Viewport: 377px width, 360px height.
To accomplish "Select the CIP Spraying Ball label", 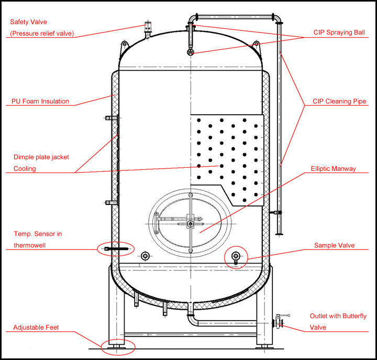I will click(338, 32).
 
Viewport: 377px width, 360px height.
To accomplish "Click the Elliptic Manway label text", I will click(333, 169).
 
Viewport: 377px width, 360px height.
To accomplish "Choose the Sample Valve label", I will click(334, 245).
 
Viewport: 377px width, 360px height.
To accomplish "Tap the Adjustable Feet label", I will click(36, 328).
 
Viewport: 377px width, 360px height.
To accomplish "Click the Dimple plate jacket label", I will click(41, 157).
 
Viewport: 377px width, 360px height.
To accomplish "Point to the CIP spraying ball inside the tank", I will click(191, 52).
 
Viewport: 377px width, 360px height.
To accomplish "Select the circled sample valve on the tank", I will click(236, 256).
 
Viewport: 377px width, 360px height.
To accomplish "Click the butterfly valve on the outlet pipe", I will click(278, 322).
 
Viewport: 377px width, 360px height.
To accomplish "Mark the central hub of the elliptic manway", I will click(191, 224).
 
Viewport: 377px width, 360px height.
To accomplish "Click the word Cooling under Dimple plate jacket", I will click(25, 169).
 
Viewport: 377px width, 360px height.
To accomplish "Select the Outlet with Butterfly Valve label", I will click(338, 321).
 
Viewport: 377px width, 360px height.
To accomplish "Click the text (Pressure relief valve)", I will click(42, 34).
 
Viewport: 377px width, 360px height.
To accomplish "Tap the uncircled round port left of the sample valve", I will click(145, 256).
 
